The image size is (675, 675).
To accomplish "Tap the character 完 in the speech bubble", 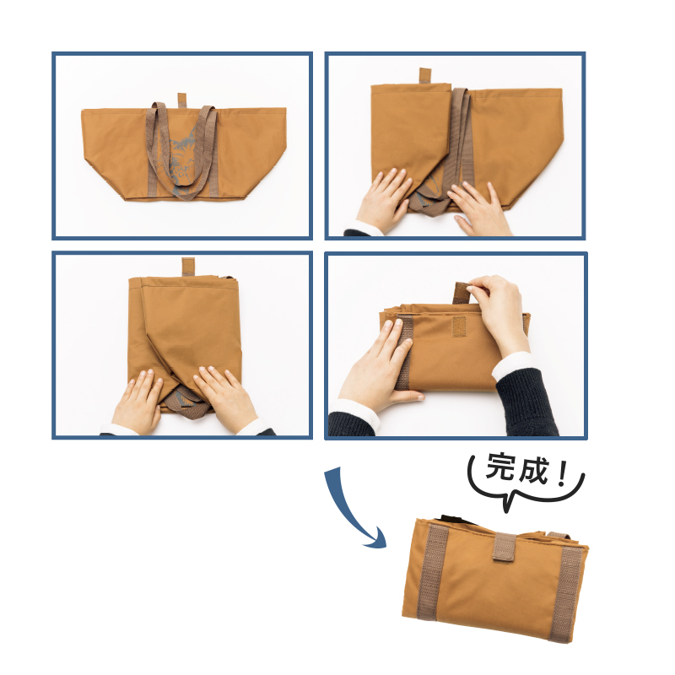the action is (x=500, y=467).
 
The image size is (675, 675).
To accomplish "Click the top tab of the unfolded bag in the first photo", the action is (x=182, y=100).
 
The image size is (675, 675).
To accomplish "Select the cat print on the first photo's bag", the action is (x=180, y=160).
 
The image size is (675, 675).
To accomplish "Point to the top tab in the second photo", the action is (x=424, y=76).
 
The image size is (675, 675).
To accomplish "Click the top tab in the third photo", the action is (x=188, y=267).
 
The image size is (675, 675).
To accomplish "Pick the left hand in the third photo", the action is (x=137, y=400).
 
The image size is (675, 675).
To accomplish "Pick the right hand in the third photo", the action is (x=225, y=397).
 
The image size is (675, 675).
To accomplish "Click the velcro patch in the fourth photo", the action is (x=459, y=327).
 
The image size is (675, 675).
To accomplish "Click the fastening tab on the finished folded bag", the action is (x=505, y=547).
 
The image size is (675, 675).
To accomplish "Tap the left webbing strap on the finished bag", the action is (x=433, y=572).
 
